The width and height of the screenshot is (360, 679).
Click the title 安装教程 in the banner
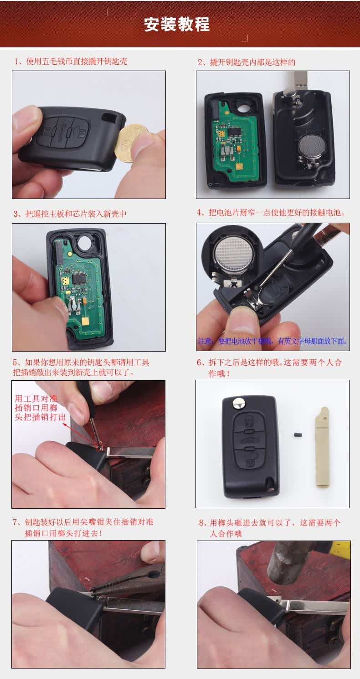point(177,24)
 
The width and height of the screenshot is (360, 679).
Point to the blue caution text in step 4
point(273,341)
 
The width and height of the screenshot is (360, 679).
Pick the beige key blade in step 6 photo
point(322,447)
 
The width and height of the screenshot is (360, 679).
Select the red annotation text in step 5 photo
point(40,408)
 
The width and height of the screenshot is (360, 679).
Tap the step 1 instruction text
point(70,61)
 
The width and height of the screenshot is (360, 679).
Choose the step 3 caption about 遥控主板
point(70,214)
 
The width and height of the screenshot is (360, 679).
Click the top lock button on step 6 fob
point(249,421)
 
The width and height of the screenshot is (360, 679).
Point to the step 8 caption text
point(270,528)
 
